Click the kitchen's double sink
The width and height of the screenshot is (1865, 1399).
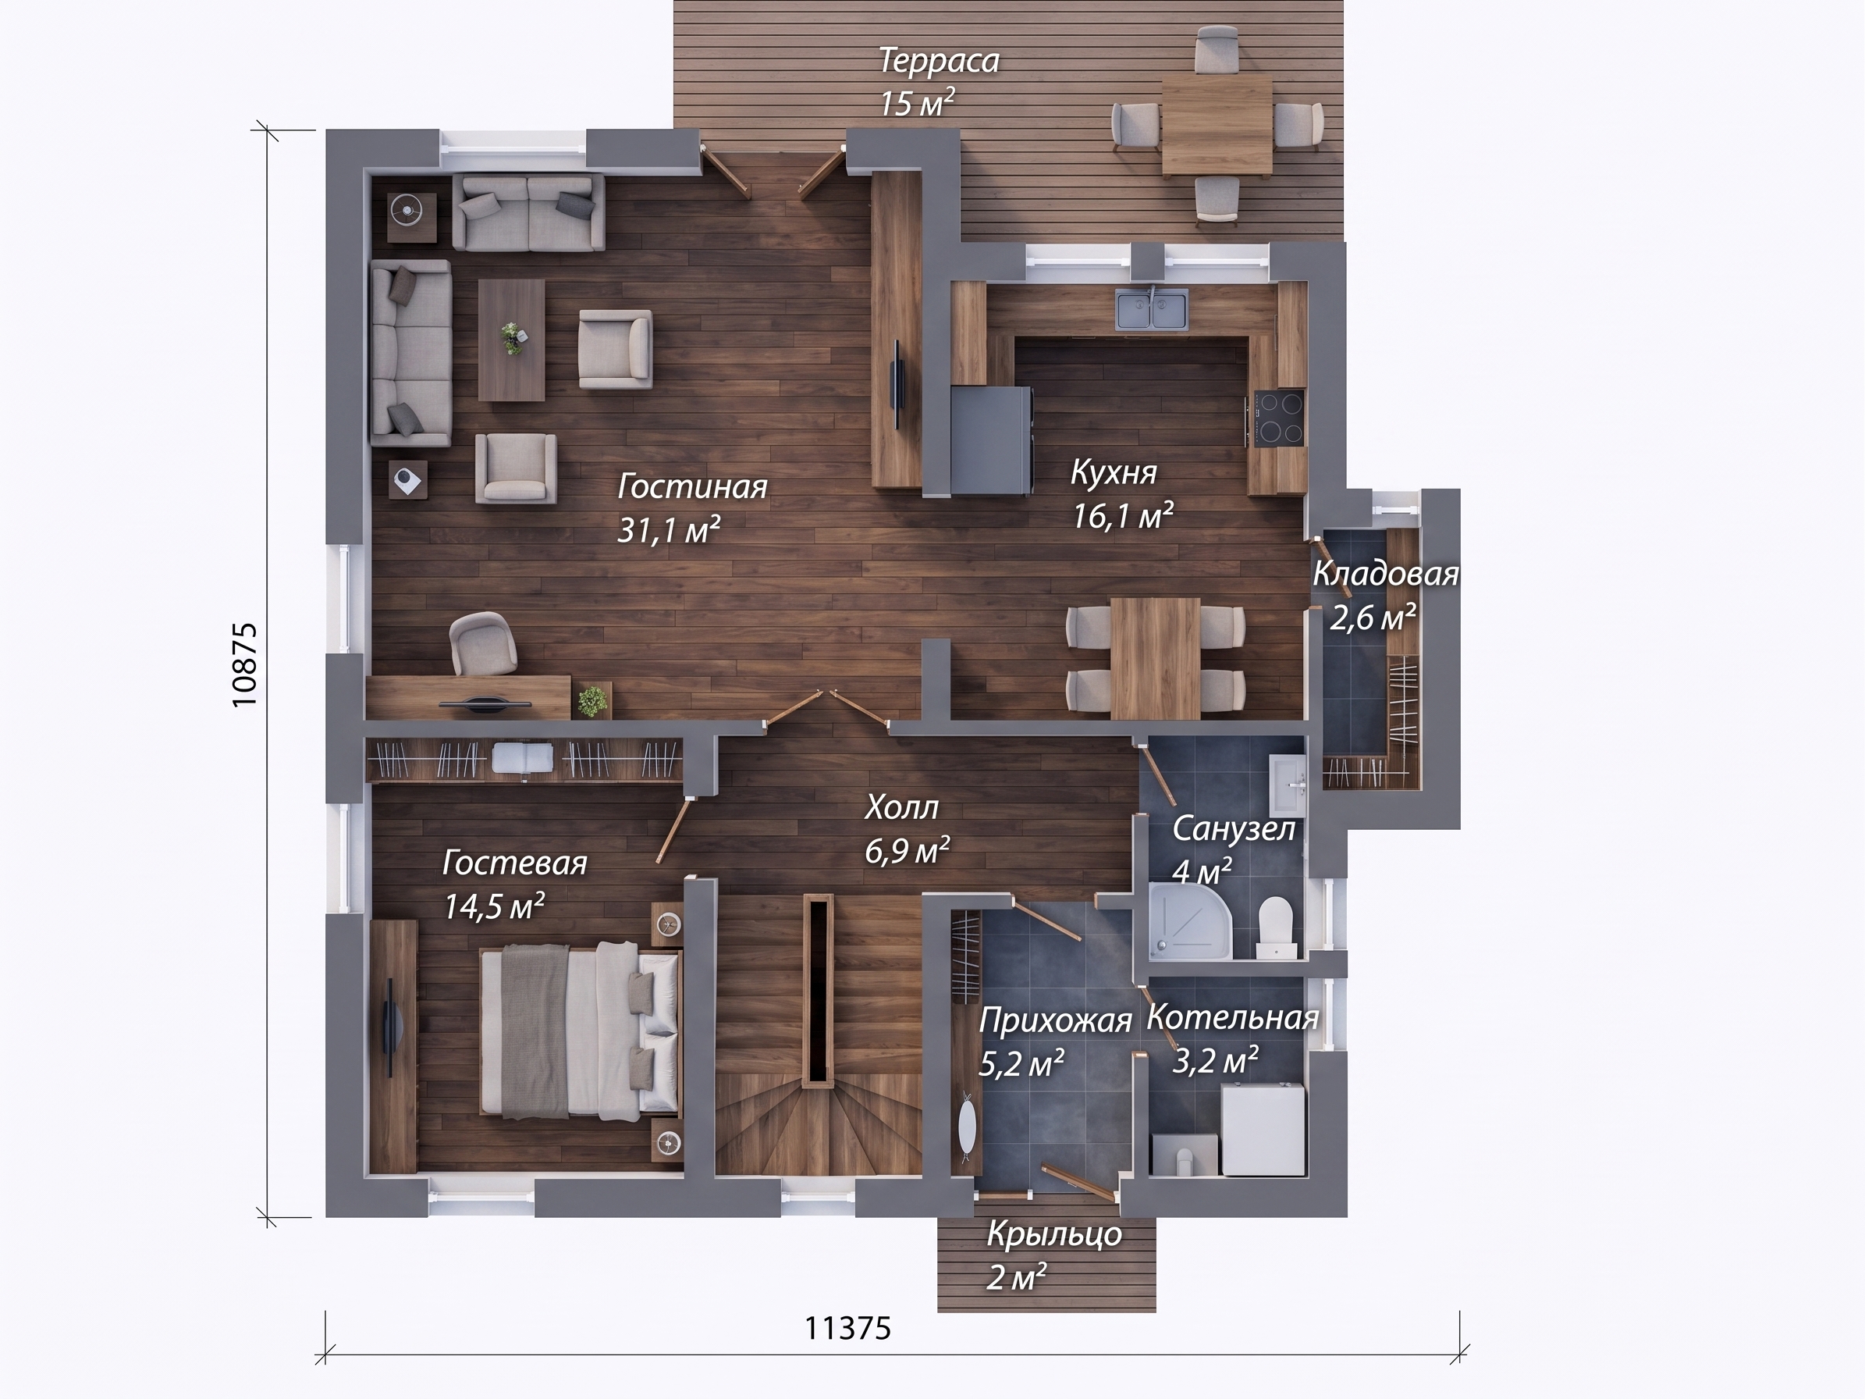(1152, 308)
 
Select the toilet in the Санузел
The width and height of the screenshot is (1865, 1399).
(1275, 927)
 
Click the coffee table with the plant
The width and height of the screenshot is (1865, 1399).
(512, 340)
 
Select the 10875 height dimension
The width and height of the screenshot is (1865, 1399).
(243, 664)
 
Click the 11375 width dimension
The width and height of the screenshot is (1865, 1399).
(847, 1328)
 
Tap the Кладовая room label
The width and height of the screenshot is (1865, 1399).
(1385, 575)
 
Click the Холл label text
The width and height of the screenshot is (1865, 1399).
(901, 807)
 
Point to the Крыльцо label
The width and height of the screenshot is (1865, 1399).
(1054, 1234)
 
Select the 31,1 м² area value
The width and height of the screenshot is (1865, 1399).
(669, 529)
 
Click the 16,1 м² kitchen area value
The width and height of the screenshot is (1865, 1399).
(1122, 514)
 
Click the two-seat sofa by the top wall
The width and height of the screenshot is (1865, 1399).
(528, 212)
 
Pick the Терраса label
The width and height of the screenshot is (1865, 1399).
(940, 61)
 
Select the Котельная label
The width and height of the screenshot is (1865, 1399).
(1233, 1018)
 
